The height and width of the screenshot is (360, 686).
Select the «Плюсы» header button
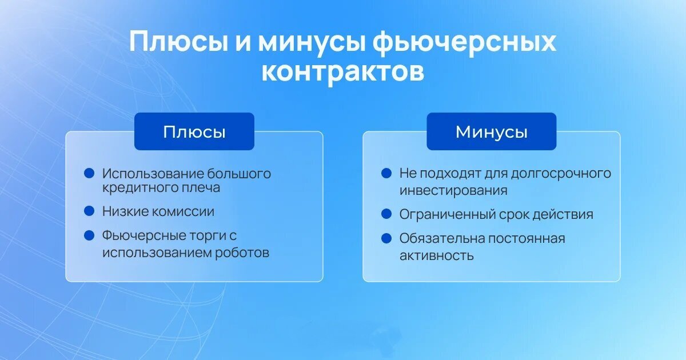pos(194,131)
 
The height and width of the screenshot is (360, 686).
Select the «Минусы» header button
pos(491,131)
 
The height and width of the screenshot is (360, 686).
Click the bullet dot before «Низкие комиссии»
pos(89,211)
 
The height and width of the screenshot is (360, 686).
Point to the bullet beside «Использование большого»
pos(89,173)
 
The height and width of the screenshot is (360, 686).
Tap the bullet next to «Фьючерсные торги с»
pos(89,235)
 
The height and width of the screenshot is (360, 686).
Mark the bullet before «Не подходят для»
pos(386,173)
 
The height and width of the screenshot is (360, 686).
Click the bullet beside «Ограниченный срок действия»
pos(386,214)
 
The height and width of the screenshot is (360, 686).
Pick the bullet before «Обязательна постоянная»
pos(386,238)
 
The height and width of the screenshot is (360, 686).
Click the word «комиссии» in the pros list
pos(183,211)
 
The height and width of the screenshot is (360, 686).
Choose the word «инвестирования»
pos(453,191)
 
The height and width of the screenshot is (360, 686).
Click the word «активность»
pos(437,255)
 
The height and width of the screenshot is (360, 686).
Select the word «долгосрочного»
pos(561,174)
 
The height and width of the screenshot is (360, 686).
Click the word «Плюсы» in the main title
pos(179,42)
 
